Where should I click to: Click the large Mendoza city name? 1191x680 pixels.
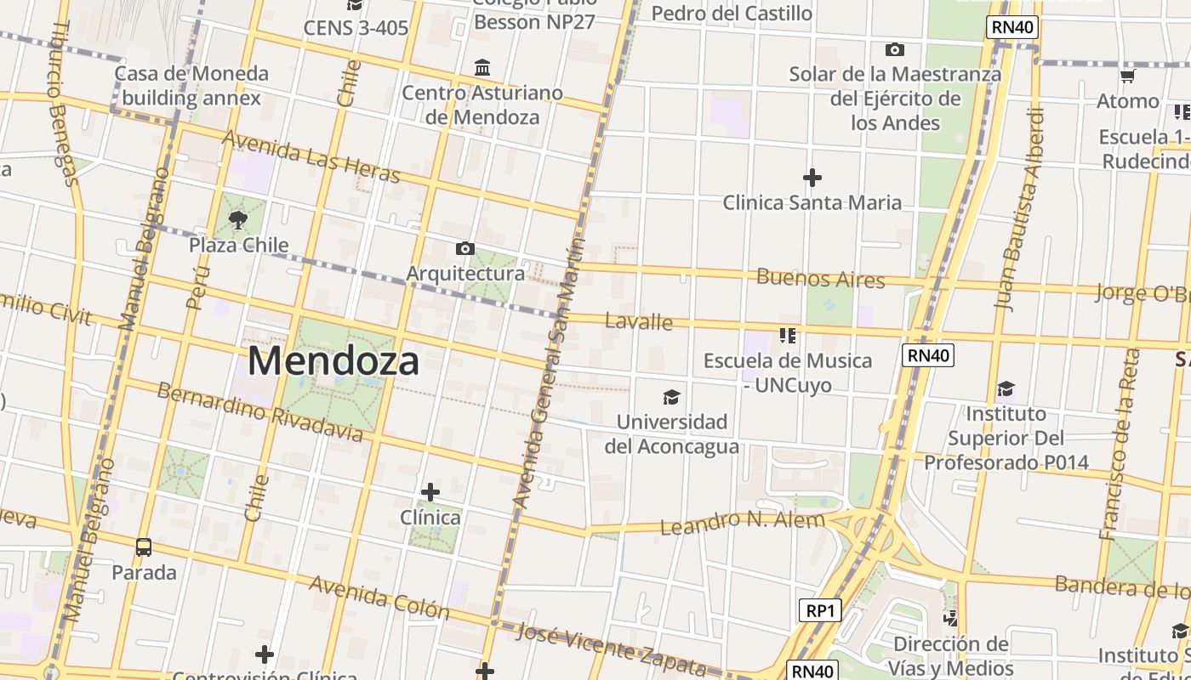(333, 361)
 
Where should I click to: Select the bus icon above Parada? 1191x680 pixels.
(144, 547)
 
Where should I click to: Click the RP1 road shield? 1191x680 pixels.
(820, 610)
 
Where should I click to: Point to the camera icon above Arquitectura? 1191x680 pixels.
(464, 248)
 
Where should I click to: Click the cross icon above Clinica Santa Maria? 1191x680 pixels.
(812, 178)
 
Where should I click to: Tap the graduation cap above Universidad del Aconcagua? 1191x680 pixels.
(672, 397)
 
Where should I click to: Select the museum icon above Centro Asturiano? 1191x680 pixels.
(482, 67)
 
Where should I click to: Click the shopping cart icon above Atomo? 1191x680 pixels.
(1128, 76)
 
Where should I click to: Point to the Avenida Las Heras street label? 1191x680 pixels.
(311, 156)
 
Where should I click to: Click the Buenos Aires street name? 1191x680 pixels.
(820, 278)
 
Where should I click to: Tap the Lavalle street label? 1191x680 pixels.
(638, 321)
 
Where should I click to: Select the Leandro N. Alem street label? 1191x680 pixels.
(743, 522)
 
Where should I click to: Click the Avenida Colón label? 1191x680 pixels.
(379, 597)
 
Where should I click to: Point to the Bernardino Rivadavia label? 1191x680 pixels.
(259, 412)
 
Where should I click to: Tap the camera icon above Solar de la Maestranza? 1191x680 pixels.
(895, 49)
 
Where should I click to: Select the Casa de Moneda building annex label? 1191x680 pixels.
(191, 86)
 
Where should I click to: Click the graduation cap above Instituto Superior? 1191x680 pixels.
(1006, 389)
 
